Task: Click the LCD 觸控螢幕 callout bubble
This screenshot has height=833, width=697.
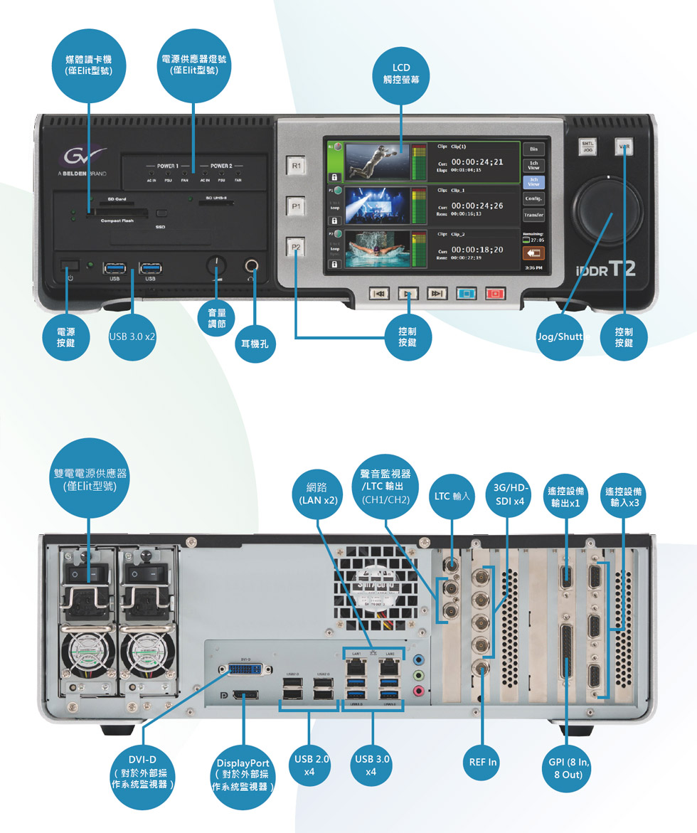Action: point(400,74)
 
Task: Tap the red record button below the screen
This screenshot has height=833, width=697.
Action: point(494,293)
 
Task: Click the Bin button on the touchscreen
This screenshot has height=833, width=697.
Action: point(533,149)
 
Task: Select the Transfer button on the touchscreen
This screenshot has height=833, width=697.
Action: point(533,215)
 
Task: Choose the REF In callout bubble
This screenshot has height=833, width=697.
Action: point(484,762)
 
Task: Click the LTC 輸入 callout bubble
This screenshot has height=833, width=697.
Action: point(452,495)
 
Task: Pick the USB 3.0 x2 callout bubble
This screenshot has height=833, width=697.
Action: point(132,335)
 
